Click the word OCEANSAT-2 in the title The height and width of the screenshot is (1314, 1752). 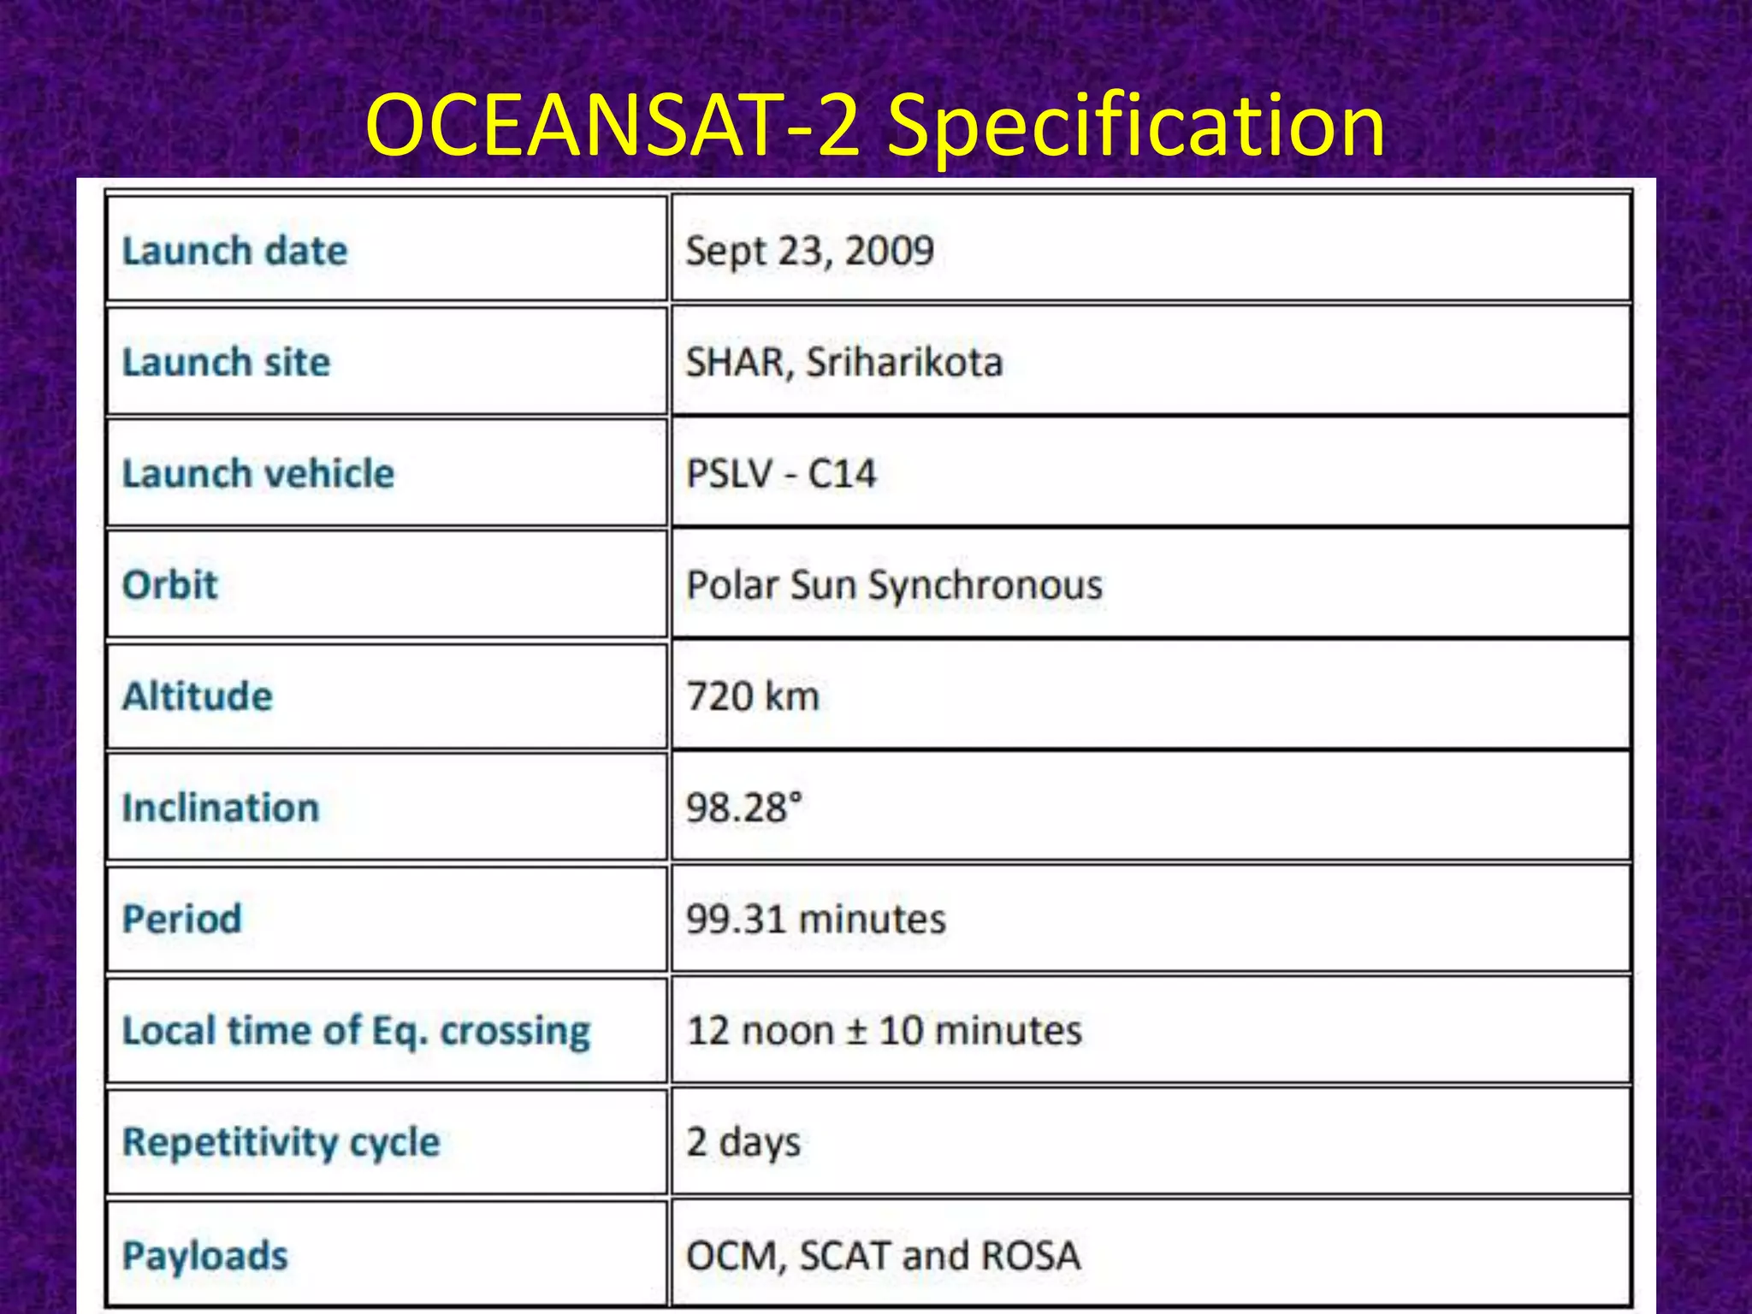pos(612,127)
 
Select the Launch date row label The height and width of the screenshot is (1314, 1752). pos(235,252)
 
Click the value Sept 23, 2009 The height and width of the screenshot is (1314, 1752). pos(809,252)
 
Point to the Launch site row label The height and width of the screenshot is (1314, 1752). pos(227,363)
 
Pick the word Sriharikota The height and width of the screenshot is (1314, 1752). pos(904,363)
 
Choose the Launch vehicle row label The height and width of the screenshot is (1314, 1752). pos(258,474)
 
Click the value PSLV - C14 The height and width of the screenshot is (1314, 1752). pos(781,474)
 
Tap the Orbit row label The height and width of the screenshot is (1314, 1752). pos(170,585)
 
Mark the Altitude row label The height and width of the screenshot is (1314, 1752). pos(198,696)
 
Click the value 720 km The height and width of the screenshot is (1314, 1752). pos(753,696)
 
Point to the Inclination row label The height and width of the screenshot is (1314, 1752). pos(221,808)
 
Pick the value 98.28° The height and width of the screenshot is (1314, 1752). pos(744,808)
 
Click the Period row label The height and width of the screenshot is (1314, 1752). pos(182,919)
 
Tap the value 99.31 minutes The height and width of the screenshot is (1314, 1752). pos(816,920)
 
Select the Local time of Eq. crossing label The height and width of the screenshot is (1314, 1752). pos(357,1031)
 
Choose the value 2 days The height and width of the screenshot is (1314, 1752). pos(743,1142)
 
